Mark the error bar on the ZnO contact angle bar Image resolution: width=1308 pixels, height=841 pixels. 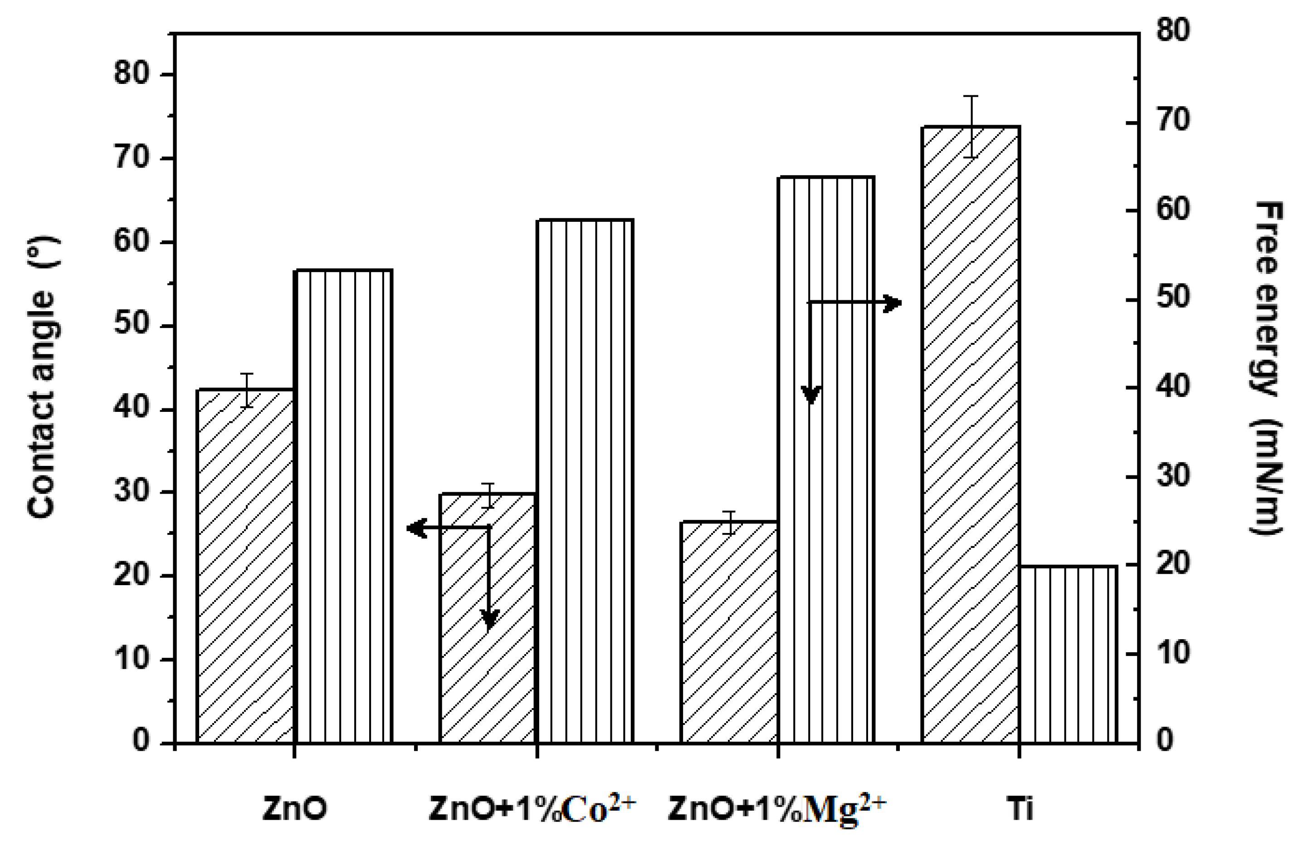(247, 390)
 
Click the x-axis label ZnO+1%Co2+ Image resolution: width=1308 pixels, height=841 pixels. (533, 809)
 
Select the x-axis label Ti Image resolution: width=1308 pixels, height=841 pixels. (1019, 809)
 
